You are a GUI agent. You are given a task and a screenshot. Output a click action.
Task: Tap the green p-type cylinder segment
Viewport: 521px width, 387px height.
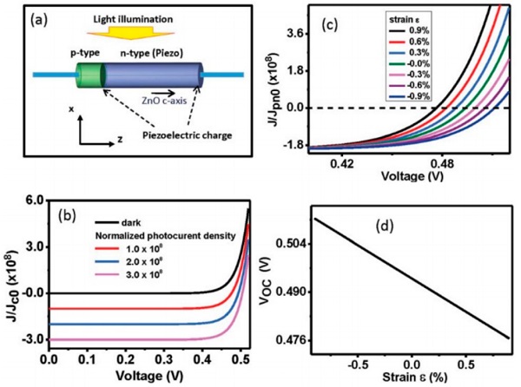[88, 75]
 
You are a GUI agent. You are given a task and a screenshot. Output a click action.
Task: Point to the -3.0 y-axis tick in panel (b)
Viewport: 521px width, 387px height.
[33, 339]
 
